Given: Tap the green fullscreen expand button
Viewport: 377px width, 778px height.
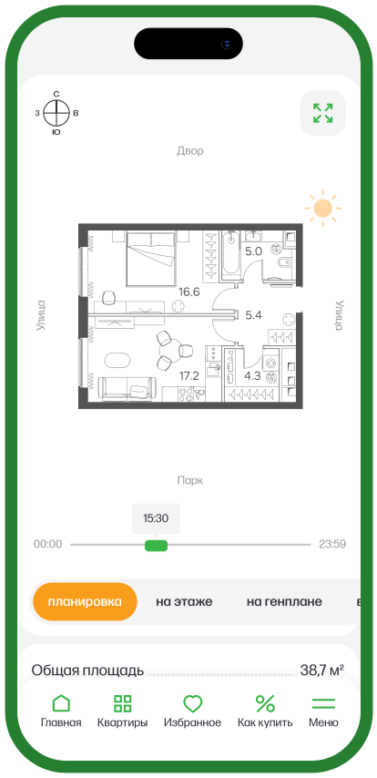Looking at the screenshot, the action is (323, 113).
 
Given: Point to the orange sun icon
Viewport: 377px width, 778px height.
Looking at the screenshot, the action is (323, 209).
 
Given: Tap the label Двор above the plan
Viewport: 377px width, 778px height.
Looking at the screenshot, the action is (190, 151).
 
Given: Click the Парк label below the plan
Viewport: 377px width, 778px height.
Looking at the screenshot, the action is (190, 480).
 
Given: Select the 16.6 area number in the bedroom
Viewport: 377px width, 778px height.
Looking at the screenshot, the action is (189, 292).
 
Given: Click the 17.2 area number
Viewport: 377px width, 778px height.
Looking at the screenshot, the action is (189, 376).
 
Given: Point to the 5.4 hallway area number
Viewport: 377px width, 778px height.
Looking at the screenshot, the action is (253, 314).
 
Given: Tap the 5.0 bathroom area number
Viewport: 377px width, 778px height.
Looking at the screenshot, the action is (253, 251).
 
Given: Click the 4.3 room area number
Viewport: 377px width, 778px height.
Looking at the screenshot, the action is (252, 376).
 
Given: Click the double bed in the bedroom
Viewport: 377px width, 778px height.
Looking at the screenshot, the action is (152, 259).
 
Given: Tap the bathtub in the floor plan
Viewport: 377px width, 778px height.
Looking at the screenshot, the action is (230, 252).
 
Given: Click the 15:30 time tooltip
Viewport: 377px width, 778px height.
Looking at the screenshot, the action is (156, 519).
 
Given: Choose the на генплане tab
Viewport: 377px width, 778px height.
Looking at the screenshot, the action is (284, 602).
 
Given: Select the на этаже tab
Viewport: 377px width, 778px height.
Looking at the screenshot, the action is (184, 602).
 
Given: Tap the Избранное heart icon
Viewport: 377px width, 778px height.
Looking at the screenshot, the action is (192, 703).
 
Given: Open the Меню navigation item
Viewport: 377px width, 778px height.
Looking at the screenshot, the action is (323, 711).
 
